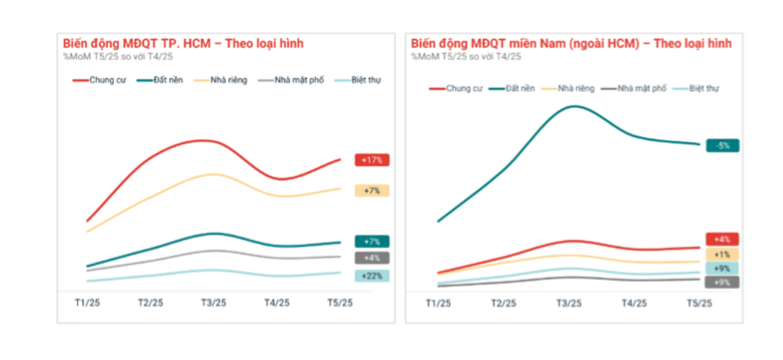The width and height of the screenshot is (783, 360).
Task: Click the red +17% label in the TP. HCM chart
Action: [372, 160]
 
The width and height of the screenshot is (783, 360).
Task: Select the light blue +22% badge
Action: [372, 276]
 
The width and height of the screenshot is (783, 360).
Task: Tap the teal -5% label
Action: [722, 146]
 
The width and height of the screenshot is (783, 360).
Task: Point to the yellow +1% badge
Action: [722, 255]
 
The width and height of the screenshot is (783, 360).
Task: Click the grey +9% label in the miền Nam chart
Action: [722, 282]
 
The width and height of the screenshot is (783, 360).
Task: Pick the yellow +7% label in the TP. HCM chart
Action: [372, 190]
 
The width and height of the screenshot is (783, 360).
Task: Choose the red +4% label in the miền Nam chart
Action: [722, 239]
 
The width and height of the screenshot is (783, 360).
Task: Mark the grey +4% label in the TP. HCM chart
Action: [372, 258]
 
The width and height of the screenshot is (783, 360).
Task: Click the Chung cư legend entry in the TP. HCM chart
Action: [100, 80]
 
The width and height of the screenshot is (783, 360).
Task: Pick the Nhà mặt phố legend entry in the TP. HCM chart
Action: [292, 80]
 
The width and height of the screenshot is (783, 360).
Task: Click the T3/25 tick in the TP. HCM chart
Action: [213, 302]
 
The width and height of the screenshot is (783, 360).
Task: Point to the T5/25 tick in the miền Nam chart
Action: [699, 303]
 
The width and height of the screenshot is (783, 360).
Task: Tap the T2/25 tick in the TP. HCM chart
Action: [150, 302]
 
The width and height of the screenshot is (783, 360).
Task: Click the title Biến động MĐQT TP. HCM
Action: [183, 44]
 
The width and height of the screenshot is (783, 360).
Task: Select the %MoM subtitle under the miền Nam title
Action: [466, 56]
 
